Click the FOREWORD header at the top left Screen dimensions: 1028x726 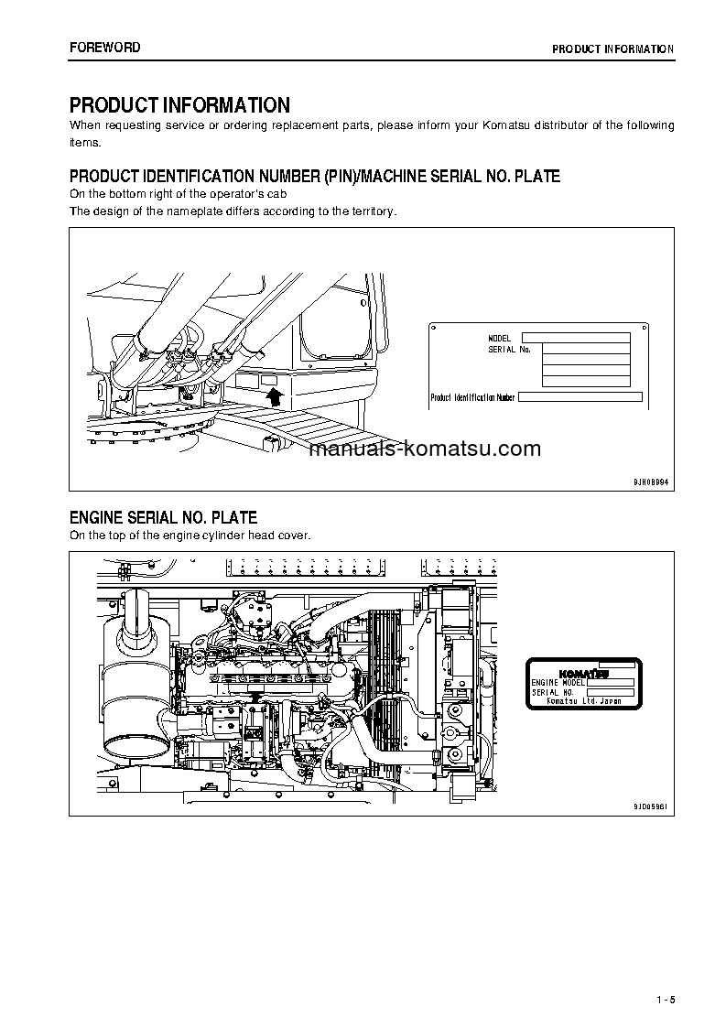click(x=105, y=48)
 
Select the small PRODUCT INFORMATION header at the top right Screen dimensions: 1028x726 click(x=612, y=49)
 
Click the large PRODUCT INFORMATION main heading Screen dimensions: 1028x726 click(x=179, y=105)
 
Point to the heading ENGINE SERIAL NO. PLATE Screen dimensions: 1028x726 click(x=163, y=518)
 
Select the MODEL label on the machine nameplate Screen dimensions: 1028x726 click(x=500, y=339)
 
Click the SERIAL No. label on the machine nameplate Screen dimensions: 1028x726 click(x=509, y=349)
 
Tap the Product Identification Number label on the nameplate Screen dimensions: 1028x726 click(x=473, y=397)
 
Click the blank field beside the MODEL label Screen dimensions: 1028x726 click(x=576, y=338)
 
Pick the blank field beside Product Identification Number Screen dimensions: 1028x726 click(x=580, y=397)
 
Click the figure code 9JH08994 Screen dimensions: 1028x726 click(x=651, y=481)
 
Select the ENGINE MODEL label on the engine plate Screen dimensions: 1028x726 click(x=558, y=683)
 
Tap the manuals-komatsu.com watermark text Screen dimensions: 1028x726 click(x=425, y=449)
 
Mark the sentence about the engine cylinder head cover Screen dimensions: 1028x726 click(x=190, y=536)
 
